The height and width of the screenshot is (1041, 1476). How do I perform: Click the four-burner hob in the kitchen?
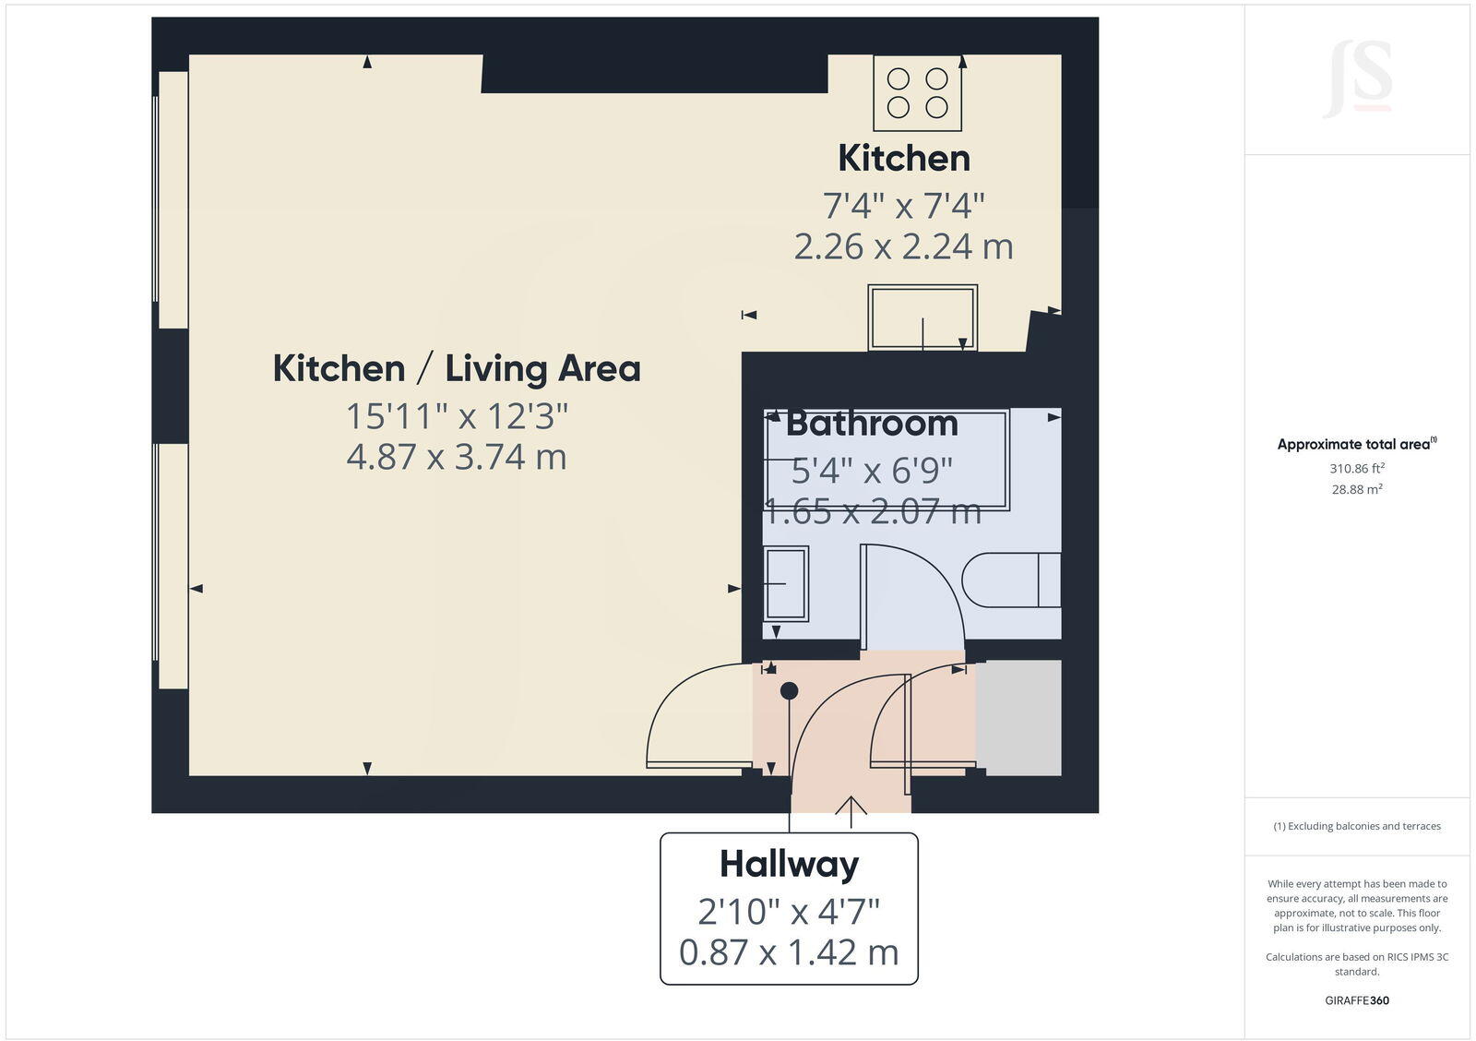[918, 92]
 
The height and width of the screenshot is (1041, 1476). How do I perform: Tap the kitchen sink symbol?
[922, 318]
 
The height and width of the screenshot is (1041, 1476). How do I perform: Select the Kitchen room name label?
[904, 159]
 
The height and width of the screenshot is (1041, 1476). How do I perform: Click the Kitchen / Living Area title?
[457, 368]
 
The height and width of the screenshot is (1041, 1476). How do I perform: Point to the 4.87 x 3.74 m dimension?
[457, 457]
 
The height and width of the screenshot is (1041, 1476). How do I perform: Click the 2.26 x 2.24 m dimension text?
[904, 246]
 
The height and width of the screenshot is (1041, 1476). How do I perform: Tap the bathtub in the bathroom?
[887, 460]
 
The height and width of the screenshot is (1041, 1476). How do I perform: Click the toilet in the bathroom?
[1011, 580]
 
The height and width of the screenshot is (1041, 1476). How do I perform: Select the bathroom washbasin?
[786, 583]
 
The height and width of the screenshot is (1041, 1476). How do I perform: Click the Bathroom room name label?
[872, 424]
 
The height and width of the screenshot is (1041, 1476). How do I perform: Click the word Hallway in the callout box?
[790, 865]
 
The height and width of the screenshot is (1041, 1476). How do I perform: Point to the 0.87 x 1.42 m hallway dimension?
[790, 952]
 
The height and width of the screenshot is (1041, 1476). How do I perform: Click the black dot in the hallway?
[790, 690]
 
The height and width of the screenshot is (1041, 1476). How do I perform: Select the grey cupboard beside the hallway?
[1019, 718]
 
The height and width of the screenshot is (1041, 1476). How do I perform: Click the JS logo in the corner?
[1358, 79]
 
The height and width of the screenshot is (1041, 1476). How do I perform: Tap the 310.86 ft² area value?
[1357, 469]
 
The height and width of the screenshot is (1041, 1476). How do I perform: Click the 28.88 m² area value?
[1357, 490]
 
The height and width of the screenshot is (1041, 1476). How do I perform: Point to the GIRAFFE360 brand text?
[1357, 1000]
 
